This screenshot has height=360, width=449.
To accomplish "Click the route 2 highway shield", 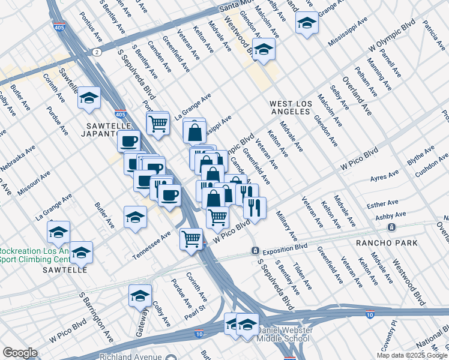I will [x=97, y=52].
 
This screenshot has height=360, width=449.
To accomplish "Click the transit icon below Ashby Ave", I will [x=391, y=227].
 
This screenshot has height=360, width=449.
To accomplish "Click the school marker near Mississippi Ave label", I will [x=306, y=23].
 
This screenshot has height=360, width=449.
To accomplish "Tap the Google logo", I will [x=20, y=353].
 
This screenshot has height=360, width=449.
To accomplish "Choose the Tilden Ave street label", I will [x=301, y=274].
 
